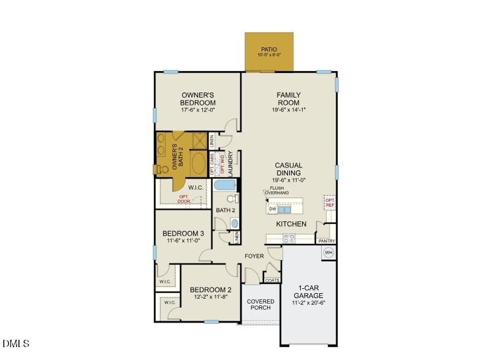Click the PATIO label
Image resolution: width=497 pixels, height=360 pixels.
(269, 49)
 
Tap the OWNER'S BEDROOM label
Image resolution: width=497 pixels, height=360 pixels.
(198, 99)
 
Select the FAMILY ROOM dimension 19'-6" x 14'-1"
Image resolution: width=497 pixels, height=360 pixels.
(289, 110)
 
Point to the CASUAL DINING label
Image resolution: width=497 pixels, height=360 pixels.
(289, 169)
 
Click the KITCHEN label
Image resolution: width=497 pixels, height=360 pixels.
(291, 224)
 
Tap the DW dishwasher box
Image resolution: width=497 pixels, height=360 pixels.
(272, 209)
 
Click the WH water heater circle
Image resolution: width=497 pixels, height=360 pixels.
(328, 252)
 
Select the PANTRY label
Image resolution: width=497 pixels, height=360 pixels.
(327, 241)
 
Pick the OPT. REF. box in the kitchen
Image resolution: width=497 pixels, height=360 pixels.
(330, 203)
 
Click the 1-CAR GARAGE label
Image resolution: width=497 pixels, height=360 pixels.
(311, 291)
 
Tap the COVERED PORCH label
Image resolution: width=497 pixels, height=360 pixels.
(260, 304)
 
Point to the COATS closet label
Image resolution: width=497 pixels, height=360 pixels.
(272, 280)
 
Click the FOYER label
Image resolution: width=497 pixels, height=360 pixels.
(254, 256)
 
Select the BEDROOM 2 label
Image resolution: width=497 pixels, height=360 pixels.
(210, 290)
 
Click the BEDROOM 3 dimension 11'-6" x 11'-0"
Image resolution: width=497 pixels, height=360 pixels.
(183, 241)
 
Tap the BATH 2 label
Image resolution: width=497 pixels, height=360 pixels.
(225, 210)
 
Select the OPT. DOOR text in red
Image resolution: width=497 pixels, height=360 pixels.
(184, 199)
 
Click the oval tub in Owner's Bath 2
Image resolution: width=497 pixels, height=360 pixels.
(199, 164)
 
